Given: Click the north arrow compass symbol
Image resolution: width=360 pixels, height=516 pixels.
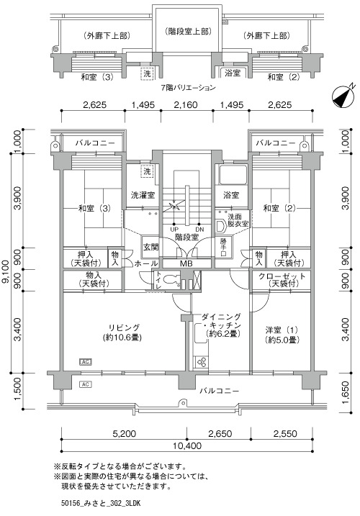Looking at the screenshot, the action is (x=343, y=96).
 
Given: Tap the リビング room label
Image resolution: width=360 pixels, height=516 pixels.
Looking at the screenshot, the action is (x=124, y=327).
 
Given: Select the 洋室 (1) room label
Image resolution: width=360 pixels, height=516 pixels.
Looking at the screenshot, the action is (x=282, y=330).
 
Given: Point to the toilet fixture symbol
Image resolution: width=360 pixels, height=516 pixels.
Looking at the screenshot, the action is (x=171, y=280).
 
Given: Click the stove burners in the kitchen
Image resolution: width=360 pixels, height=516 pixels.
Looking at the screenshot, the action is (x=201, y=362).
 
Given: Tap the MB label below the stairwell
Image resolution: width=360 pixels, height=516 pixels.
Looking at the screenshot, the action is (x=186, y=263).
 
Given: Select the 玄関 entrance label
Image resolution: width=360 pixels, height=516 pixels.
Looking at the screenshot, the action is (x=151, y=247).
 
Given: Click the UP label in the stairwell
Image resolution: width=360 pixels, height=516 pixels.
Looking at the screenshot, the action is (x=174, y=230).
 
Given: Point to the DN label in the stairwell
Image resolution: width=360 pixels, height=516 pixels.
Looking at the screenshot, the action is (x=199, y=230).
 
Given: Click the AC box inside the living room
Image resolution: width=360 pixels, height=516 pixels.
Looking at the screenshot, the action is (x=86, y=362).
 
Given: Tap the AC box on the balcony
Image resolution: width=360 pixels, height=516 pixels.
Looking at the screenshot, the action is (x=86, y=384).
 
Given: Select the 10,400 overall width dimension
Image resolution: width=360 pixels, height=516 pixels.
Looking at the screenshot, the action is (x=186, y=446).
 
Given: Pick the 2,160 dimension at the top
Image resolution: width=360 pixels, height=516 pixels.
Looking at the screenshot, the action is (x=186, y=104).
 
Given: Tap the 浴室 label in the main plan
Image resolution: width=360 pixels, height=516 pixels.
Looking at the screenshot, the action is (x=231, y=195).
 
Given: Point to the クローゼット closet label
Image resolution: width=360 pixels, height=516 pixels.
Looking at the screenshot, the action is (x=282, y=280).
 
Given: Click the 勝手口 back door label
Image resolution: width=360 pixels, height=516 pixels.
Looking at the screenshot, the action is (x=223, y=247).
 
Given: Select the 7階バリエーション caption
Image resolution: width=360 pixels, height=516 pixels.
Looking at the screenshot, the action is (x=188, y=88).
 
